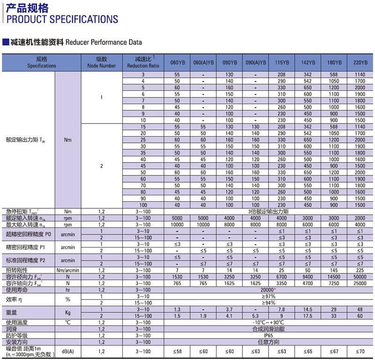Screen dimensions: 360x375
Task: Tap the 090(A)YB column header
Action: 256,63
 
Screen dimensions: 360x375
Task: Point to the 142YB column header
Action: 307,63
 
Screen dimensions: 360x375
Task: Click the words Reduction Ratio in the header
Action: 143,66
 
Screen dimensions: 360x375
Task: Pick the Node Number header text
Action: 102,66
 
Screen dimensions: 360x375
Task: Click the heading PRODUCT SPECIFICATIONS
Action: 60,19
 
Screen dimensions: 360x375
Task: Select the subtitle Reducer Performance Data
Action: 104,42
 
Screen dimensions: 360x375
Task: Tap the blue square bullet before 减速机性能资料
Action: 5,42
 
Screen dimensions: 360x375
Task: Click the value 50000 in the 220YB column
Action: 360,277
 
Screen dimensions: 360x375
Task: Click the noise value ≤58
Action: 177,351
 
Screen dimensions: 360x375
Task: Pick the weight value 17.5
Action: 307,316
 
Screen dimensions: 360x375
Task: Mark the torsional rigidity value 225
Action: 360,270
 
